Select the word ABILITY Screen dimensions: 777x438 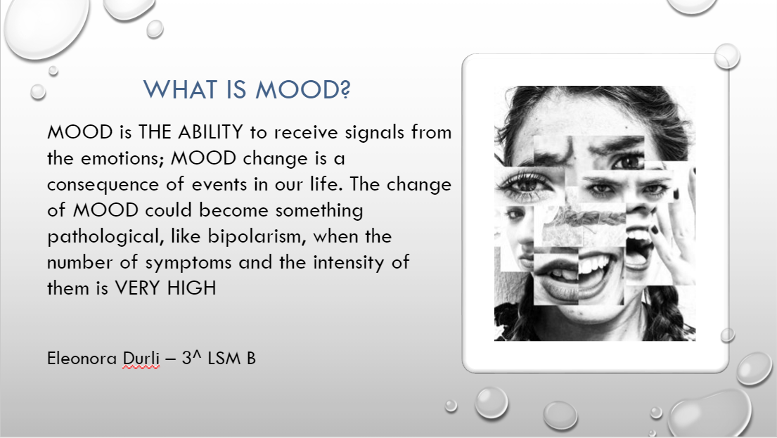[x=211, y=132]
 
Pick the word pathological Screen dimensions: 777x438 [x=105, y=237]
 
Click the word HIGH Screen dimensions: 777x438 [x=191, y=288]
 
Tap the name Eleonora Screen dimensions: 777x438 [x=82, y=359]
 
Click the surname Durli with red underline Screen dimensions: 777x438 [x=141, y=359]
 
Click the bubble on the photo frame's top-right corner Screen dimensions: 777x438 [x=727, y=56]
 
